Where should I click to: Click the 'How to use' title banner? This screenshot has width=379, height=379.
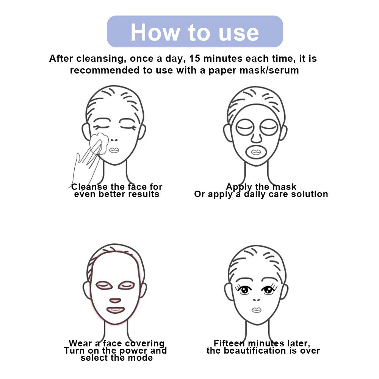[195, 31]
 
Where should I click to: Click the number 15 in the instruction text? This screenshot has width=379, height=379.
[195, 58]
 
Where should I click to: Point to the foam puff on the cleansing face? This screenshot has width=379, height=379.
[99, 143]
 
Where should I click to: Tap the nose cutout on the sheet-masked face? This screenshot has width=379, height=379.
[256, 137]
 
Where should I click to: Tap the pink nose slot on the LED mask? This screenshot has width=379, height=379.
[115, 301]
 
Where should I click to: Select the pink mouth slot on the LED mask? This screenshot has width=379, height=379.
[115, 310]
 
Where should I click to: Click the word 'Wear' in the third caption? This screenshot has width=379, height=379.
[81, 343]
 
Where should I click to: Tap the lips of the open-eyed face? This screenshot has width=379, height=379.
[256, 310]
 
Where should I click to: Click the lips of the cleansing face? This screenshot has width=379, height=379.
[114, 150]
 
